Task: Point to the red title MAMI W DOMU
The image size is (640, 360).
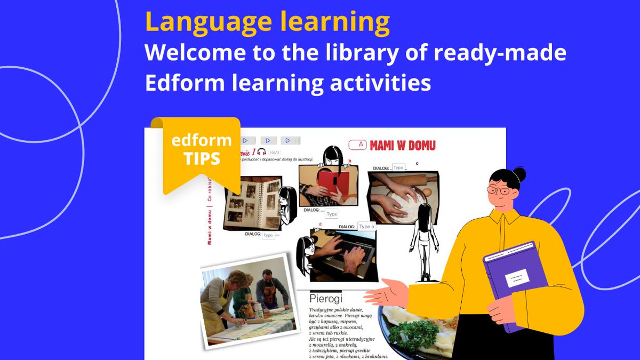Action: (x=403, y=145)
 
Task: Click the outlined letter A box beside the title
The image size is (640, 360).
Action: (x=361, y=144)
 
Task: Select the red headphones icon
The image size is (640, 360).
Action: (x=261, y=153)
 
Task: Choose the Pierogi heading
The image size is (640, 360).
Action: (x=326, y=298)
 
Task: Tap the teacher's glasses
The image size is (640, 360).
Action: (x=498, y=190)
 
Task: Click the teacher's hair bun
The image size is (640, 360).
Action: (x=518, y=174)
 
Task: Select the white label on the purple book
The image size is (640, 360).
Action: (x=517, y=277)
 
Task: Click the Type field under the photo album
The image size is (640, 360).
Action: (x=269, y=235)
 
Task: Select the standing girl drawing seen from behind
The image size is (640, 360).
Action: (x=425, y=240)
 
